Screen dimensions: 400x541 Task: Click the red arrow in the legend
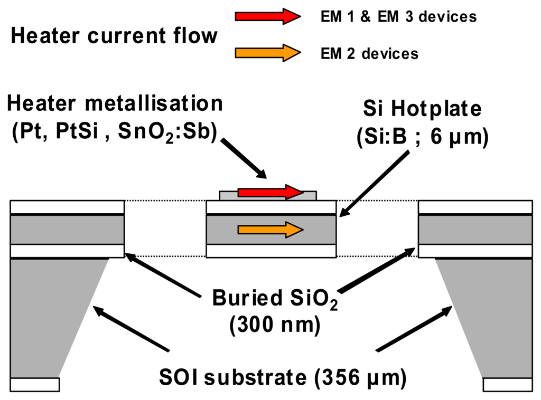click(267, 16)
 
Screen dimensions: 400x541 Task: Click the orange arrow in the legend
click(267, 53)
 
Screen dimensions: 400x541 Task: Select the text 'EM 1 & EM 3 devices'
click(398, 17)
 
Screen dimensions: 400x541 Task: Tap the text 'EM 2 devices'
click(369, 53)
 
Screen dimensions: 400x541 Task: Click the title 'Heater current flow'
click(114, 36)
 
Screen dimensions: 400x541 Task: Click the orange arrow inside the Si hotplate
click(270, 229)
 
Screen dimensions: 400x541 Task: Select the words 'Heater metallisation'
click(115, 103)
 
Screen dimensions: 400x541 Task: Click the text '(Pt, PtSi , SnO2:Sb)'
click(115, 131)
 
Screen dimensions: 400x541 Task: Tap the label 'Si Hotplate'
click(422, 109)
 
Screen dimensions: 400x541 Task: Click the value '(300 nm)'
click(274, 325)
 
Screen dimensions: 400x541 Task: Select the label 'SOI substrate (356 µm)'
click(283, 377)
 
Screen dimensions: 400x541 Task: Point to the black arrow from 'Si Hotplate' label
click(375, 182)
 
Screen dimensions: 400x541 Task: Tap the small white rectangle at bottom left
click(34, 384)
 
